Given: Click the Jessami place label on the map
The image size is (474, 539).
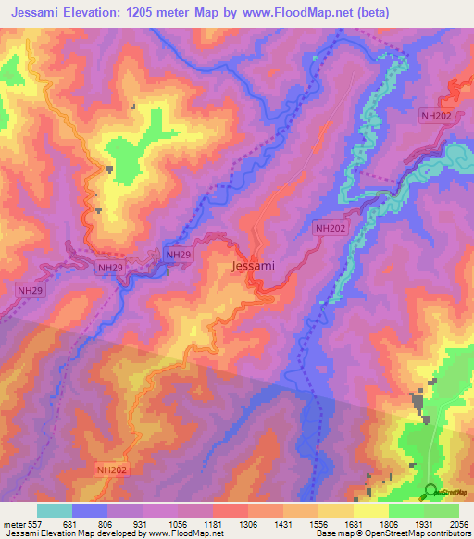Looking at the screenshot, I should coord(252,266).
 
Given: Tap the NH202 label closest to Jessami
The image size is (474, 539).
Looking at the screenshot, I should coord(330,227).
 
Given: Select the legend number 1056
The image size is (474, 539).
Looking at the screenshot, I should coord(178,522).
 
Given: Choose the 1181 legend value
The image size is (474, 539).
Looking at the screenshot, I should coord(213,522).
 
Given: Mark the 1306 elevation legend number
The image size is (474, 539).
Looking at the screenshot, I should coord(248,522).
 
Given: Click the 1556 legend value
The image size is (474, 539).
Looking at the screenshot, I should coord(318,522).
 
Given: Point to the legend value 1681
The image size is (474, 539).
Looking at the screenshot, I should coord(353,522).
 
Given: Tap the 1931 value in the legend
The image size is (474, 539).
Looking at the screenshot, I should coord(423,522).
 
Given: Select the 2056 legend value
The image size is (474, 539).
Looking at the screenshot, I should coord(457,522).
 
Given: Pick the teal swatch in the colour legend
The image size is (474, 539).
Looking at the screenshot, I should coord(55,510).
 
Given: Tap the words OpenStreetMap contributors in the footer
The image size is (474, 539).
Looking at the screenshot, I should coord(425,533).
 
